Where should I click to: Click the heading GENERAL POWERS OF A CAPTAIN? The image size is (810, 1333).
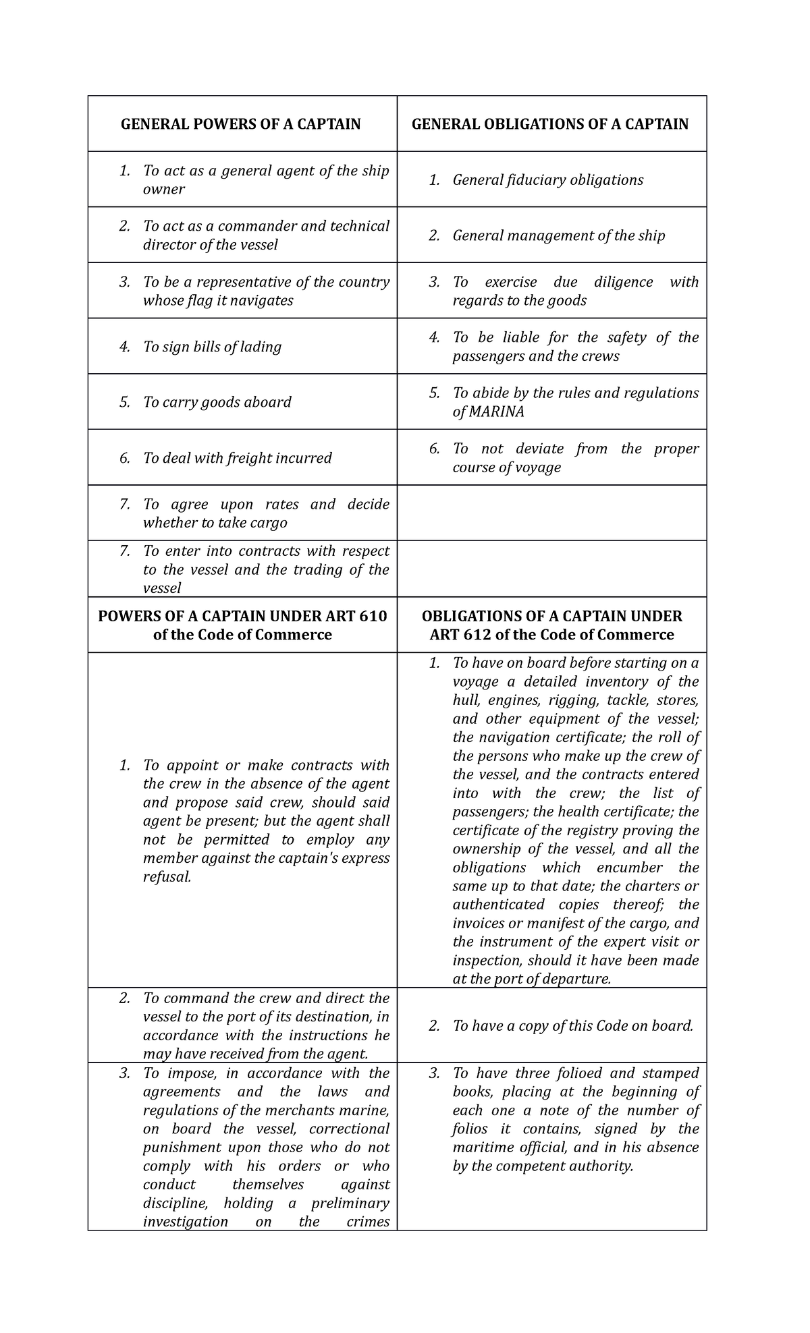[240, 124]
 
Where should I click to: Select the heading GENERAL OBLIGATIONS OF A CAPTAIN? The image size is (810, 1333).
[550, 124]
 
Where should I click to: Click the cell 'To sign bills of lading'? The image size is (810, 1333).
[212, 347]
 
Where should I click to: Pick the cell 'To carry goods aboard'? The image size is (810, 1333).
[217, 402]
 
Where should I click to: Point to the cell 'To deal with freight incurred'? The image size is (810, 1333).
[237, 458]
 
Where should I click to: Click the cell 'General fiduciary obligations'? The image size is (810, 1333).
[547, 180]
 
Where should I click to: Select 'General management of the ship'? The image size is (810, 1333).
[558, 235]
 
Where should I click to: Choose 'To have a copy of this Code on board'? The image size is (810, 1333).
[572, 1026]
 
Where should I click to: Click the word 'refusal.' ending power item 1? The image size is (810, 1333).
[167, 877]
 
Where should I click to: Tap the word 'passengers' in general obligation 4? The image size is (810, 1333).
[489, 356]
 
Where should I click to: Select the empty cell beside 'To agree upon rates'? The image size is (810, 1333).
[551, 513]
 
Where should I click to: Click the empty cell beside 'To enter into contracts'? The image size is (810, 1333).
[551, 569]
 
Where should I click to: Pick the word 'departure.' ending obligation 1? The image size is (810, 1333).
[577, 979]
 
